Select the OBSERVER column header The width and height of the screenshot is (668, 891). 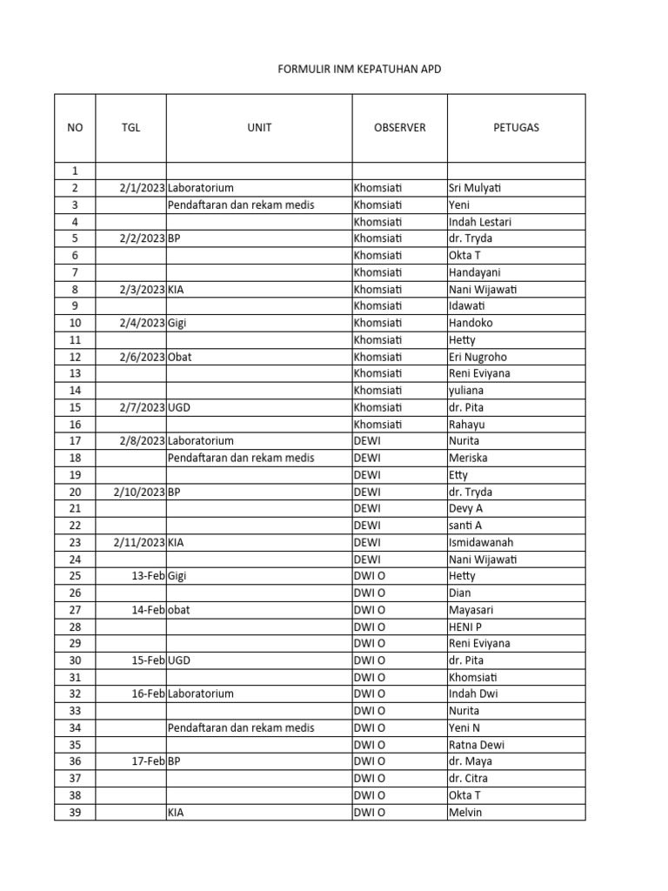(399, 127)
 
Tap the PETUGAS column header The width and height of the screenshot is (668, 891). (516, 127)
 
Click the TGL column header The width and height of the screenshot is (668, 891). (130, 127)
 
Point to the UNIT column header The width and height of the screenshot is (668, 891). (259, 127)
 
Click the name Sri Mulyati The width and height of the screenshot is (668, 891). (476, 188)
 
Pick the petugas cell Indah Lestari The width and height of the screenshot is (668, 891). (479, 222)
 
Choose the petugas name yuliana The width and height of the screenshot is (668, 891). (466, 391)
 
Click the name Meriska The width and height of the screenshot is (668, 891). (468, 458)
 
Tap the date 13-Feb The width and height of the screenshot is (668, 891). (149, 576)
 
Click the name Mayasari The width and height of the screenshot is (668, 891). (473, 610)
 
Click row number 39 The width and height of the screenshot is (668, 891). (75, 812)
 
